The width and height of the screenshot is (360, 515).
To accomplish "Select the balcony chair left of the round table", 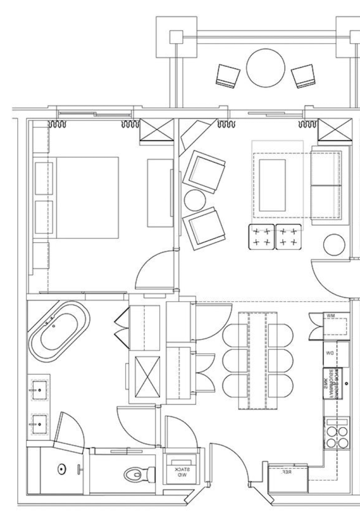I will coord(227,74).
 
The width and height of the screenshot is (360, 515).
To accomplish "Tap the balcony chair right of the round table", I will coord(306,75).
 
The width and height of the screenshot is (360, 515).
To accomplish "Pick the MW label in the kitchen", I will coord(330,316).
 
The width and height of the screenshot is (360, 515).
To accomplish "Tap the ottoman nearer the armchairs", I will coord(262,237).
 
